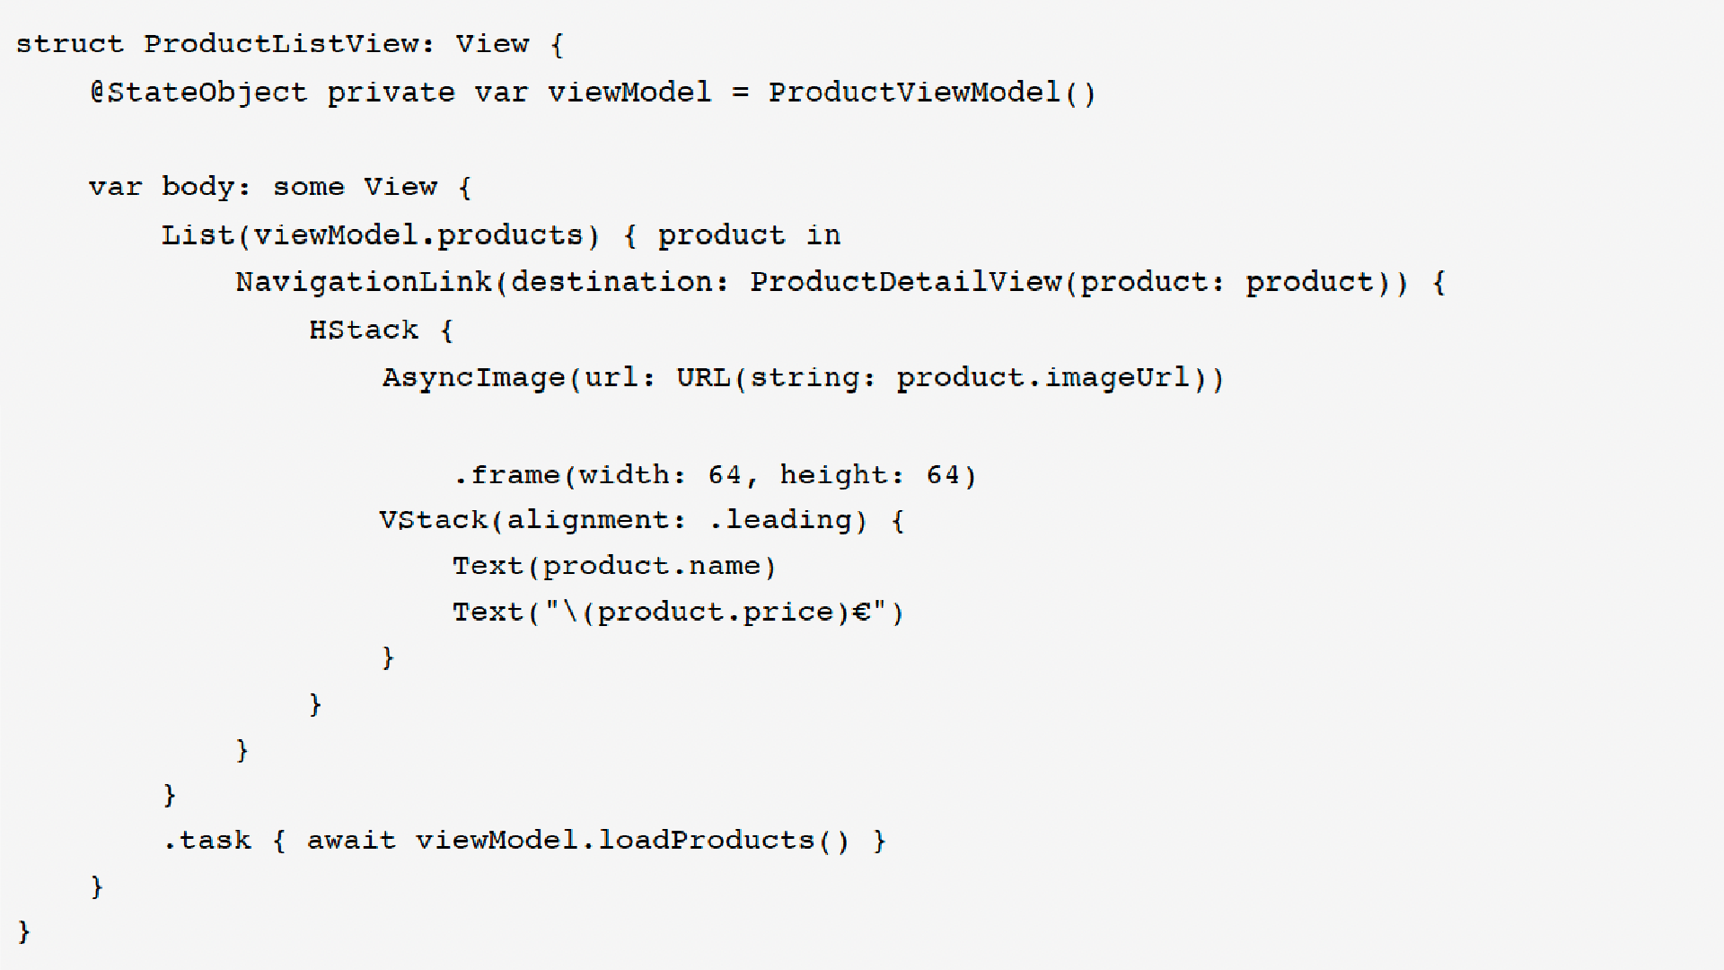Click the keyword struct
coord(69,44)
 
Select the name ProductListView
coord(280,44)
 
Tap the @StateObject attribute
coord(198,93)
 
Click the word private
coord(391,93)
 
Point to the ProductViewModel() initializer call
coord(931,93)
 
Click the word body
coord(198,187)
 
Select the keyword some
coord(308,187)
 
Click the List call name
coord(198,235)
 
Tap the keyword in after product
coord(822,235)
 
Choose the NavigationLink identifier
coord(364,282)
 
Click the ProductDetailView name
coord(905,282)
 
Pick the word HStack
coord(364,331)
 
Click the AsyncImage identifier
coord(473,377)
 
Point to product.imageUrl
coord(1042,377)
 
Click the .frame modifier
coord(507,474)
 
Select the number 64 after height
coord(943,474)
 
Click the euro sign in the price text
coord(862,613)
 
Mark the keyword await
coord(351,841)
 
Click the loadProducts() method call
coord(723,841)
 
